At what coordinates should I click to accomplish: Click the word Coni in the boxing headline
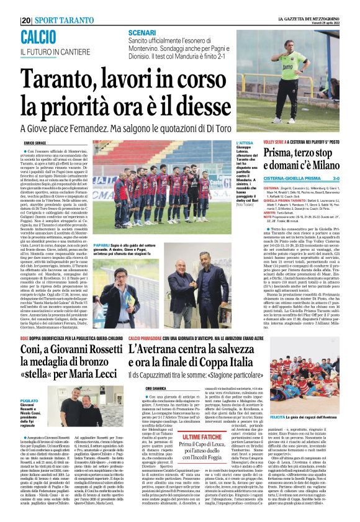(37, 352)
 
